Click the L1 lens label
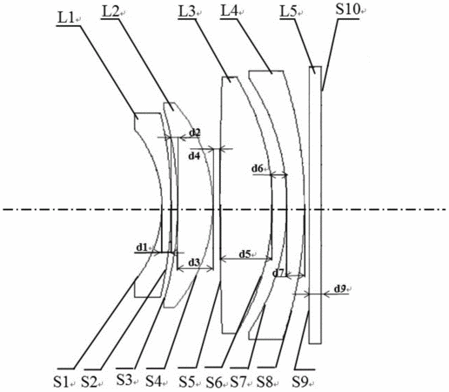point(66,18)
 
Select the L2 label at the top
point(111,11)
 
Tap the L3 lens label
point(187,11)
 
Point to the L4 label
point(229,11)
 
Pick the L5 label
point(289,11)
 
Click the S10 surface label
point(348,10)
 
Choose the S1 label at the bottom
point(61,382)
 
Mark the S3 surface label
point(124,380)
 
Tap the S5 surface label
point(186,382)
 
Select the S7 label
point(238,382)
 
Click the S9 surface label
point(299,382)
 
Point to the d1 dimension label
point(142,247)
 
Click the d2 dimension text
point(195,132)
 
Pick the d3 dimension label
point(194,262)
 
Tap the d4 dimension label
point(194,156)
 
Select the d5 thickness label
point(245,254)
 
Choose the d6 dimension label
point(258,168)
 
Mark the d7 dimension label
point(278,273)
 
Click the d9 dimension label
point(340,288)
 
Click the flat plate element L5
point(315,205)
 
